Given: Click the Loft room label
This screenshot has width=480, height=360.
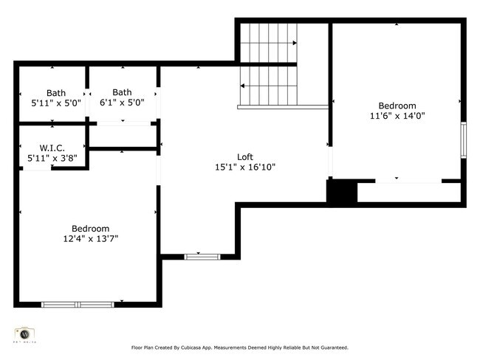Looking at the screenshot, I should click(245, 157).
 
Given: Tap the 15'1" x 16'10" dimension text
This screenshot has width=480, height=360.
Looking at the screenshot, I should click(245, 167).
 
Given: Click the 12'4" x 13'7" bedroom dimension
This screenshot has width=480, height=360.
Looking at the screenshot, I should click(90, 238).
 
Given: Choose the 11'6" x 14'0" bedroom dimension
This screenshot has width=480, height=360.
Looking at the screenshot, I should click(397, 116).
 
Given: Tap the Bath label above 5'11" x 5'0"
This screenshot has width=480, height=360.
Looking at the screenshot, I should click(56, 93).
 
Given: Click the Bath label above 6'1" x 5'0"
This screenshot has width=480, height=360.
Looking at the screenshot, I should click(122, 92).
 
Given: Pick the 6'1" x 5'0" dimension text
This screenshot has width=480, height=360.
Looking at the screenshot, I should click(122, 103).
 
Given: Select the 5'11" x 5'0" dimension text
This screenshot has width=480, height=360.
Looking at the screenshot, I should click(56, 103).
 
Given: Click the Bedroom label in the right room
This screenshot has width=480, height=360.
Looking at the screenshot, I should click(397, 105).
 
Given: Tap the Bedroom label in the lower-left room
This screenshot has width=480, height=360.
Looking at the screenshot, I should click(90, 229).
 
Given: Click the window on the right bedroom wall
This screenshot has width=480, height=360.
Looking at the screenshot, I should click(464, 139).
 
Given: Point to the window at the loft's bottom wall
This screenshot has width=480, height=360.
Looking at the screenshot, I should click(202, 257).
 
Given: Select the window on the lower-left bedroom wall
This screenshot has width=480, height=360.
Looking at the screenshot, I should click(78, 304).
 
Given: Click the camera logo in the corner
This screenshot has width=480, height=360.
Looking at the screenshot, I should click(25, 333).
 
